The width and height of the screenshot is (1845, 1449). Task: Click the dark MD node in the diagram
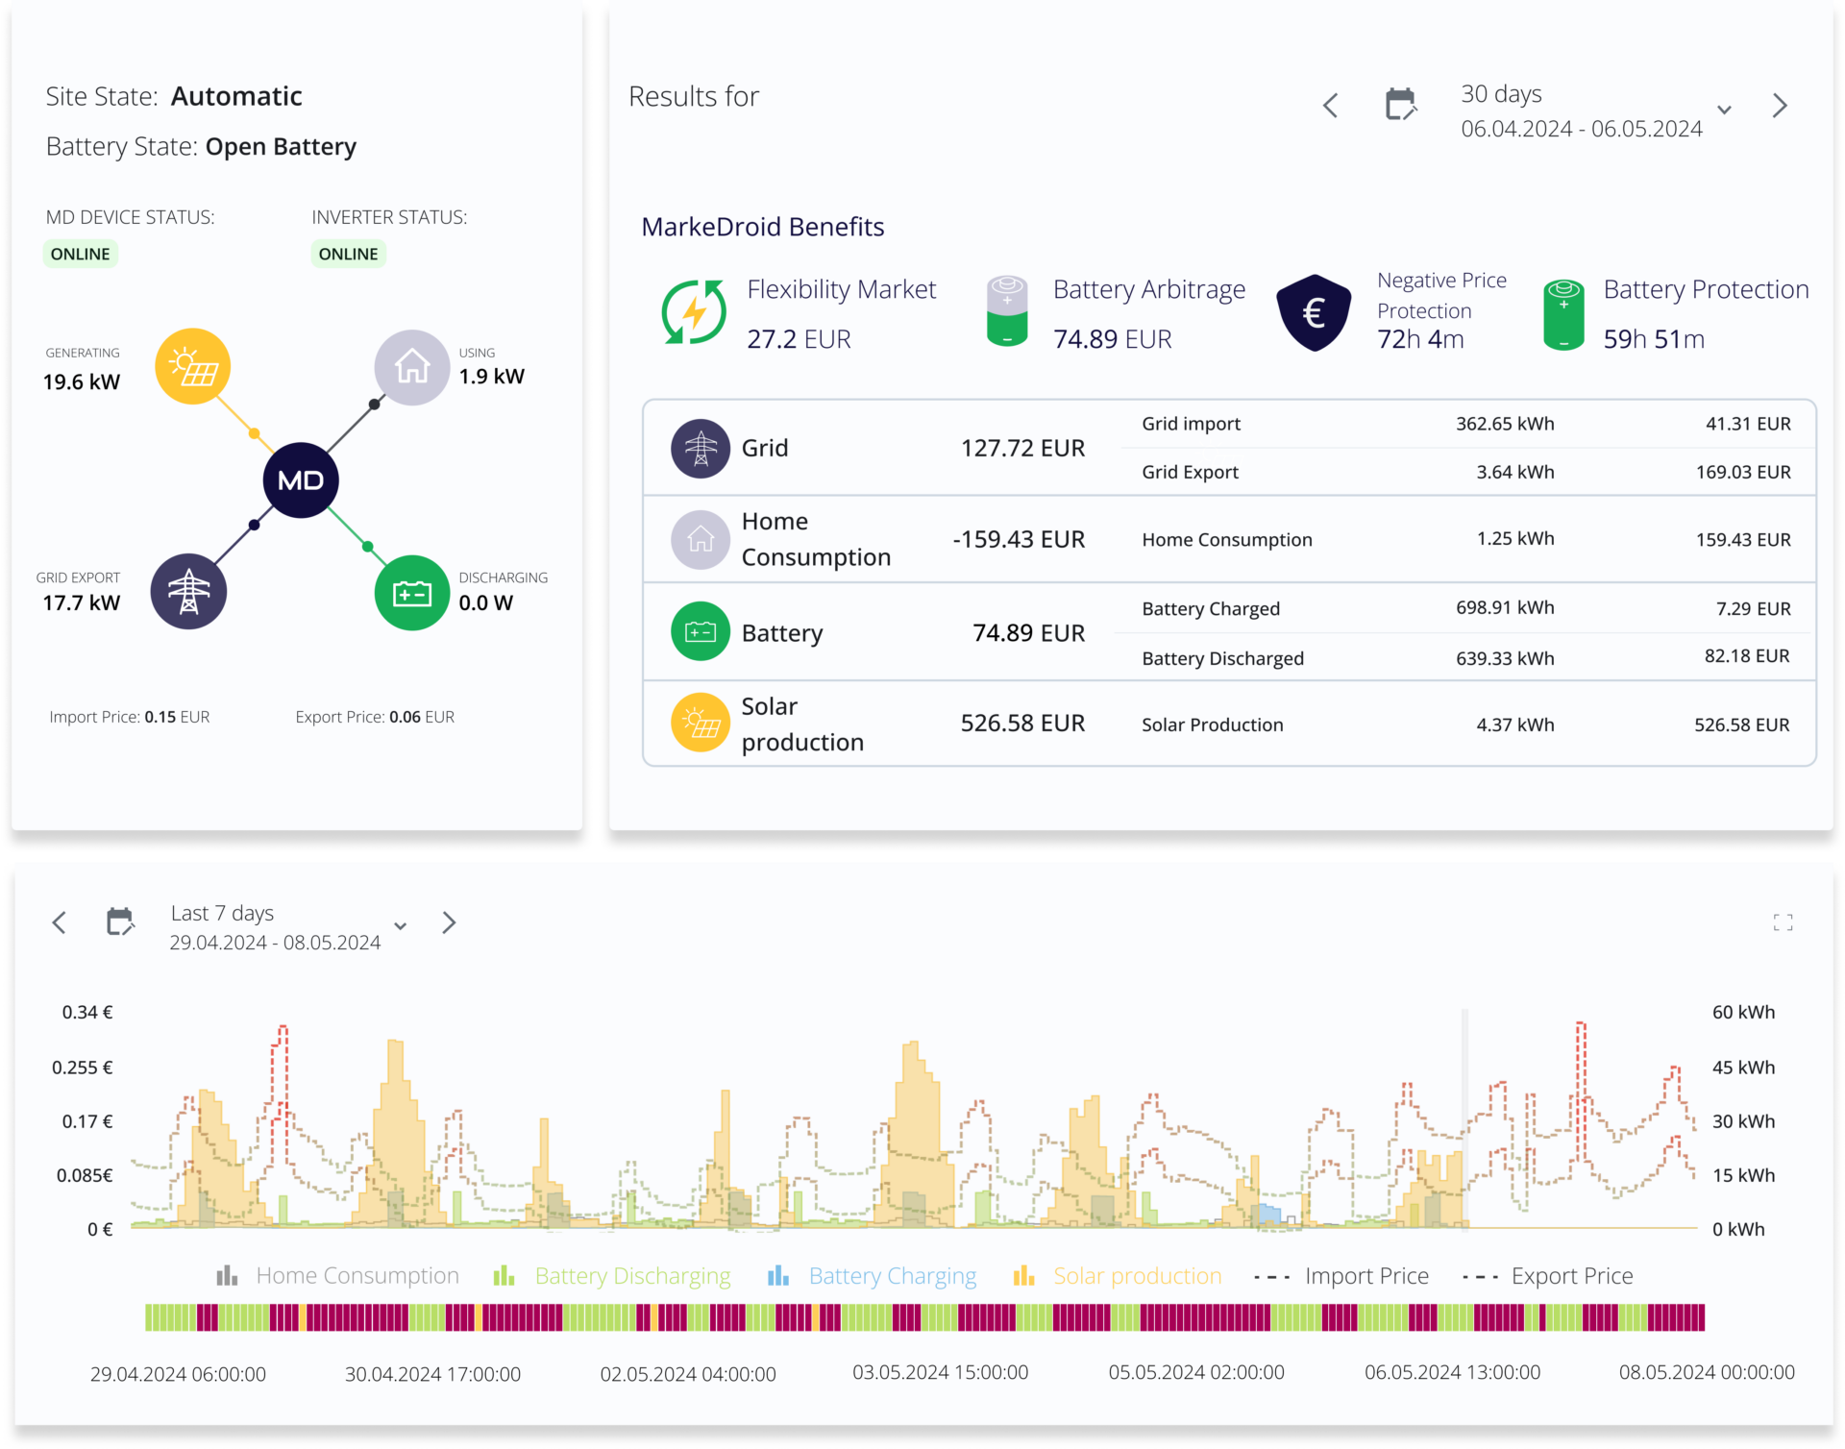[x=301, y=479]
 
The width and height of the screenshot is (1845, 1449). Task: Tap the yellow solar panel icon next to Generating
[x=193, y=366]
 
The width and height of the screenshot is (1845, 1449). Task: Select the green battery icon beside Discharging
[x=412, y=593]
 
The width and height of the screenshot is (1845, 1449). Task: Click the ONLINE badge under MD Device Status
[x=81, y=254]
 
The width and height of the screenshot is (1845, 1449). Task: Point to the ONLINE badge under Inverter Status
[x=348, y=254]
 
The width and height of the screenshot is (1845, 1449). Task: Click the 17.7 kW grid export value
[x=82, y=602]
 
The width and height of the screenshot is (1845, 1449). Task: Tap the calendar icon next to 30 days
[x=1401, y=105]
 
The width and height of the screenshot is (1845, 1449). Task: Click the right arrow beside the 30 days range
[x=1780, y=105]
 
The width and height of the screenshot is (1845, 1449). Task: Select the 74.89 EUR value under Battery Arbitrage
[x=1112, y=339]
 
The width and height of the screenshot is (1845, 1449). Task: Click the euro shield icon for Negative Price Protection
[x=1314, y=312]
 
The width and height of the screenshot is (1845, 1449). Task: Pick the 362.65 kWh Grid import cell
[x=1505, y=424]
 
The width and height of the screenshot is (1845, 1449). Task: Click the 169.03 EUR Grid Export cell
[x=1743, y=472]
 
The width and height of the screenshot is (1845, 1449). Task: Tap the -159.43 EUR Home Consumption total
[x=1019, y=539]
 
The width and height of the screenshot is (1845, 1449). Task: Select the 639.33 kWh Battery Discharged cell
[x=1505, y=658]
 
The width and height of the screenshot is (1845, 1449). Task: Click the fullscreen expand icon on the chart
[x=1783, y=922]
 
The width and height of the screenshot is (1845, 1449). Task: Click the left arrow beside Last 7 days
[x=60, y=922]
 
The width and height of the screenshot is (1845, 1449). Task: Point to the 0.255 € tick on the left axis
[x=83, y=1068]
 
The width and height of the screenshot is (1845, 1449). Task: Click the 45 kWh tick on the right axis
[x=1743, y=1068]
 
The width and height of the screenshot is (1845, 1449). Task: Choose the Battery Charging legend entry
[x=873, y=1276]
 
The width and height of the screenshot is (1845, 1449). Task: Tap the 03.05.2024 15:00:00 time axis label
[x=940, y=1372]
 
